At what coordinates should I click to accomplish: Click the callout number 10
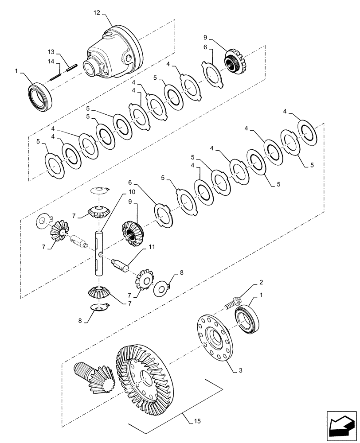click(119, 192)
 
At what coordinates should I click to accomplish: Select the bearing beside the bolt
click(250, 319)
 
